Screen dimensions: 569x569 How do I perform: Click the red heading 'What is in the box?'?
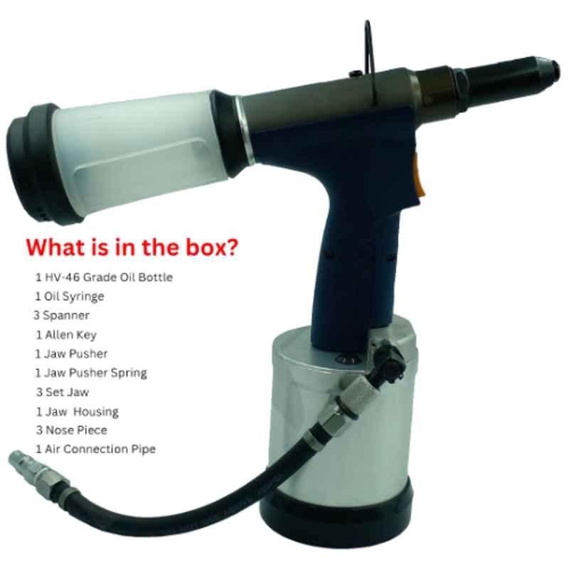[x=132, y=247]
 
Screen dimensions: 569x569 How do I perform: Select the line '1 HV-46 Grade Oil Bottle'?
[x=104, y=277]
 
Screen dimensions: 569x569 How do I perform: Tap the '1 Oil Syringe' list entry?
[x=69, y=297]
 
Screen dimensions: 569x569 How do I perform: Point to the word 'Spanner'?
[x=66, y=315]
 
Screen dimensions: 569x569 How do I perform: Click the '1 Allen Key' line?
[x=66, y=335]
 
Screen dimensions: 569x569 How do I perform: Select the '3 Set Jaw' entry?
[x=63, y=393]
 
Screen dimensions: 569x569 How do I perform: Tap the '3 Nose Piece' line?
[x=72, y=430]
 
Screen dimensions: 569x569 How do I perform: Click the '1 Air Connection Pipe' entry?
[x=95, y=450]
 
